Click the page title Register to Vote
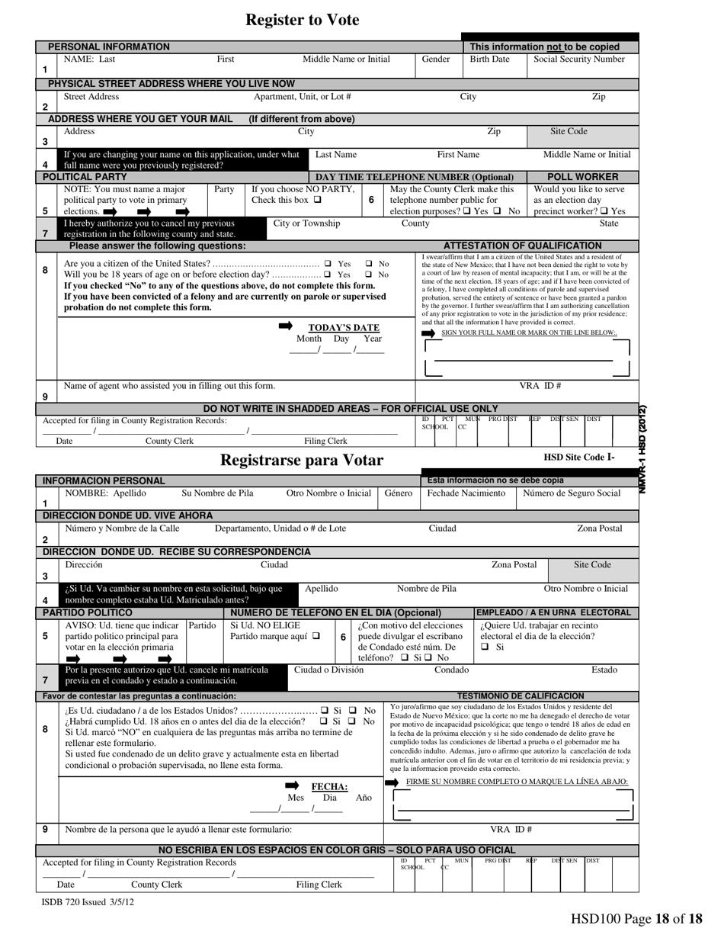[x=302, y=21]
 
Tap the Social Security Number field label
[x=578, y=59]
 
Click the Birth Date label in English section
[x=489, y=59]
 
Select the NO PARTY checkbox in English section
[x=317, y=201]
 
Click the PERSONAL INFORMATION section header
[x=109, y=47]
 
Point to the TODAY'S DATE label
[x=344, y=328]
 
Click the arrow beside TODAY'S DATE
[x=286, y=326]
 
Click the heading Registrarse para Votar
[x=302, y=460]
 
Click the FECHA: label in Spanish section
[x=330, y=787]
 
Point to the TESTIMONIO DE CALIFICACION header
[x=520, y=696]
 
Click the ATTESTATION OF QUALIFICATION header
[x=522, y=246]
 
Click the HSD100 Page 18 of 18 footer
[x=636, y=920]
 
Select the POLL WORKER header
[x=583, y=177]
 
